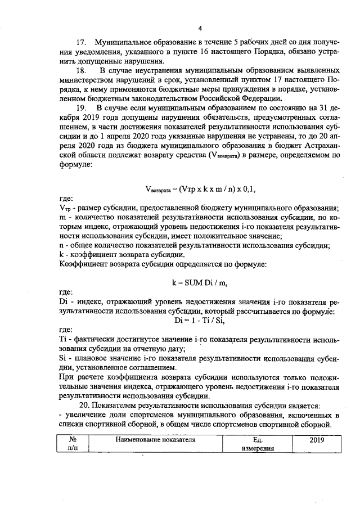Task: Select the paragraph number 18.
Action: (81, 71)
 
